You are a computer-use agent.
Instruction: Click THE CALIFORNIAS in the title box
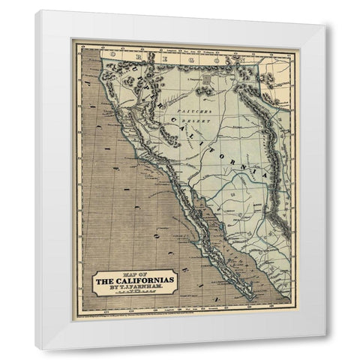[x=136, y=280]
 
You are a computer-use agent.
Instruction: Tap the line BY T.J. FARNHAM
[x=136, y=289]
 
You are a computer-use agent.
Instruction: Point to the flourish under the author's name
[x=136, y=295]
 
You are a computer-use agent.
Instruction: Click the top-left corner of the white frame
[x=36, y=10]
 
